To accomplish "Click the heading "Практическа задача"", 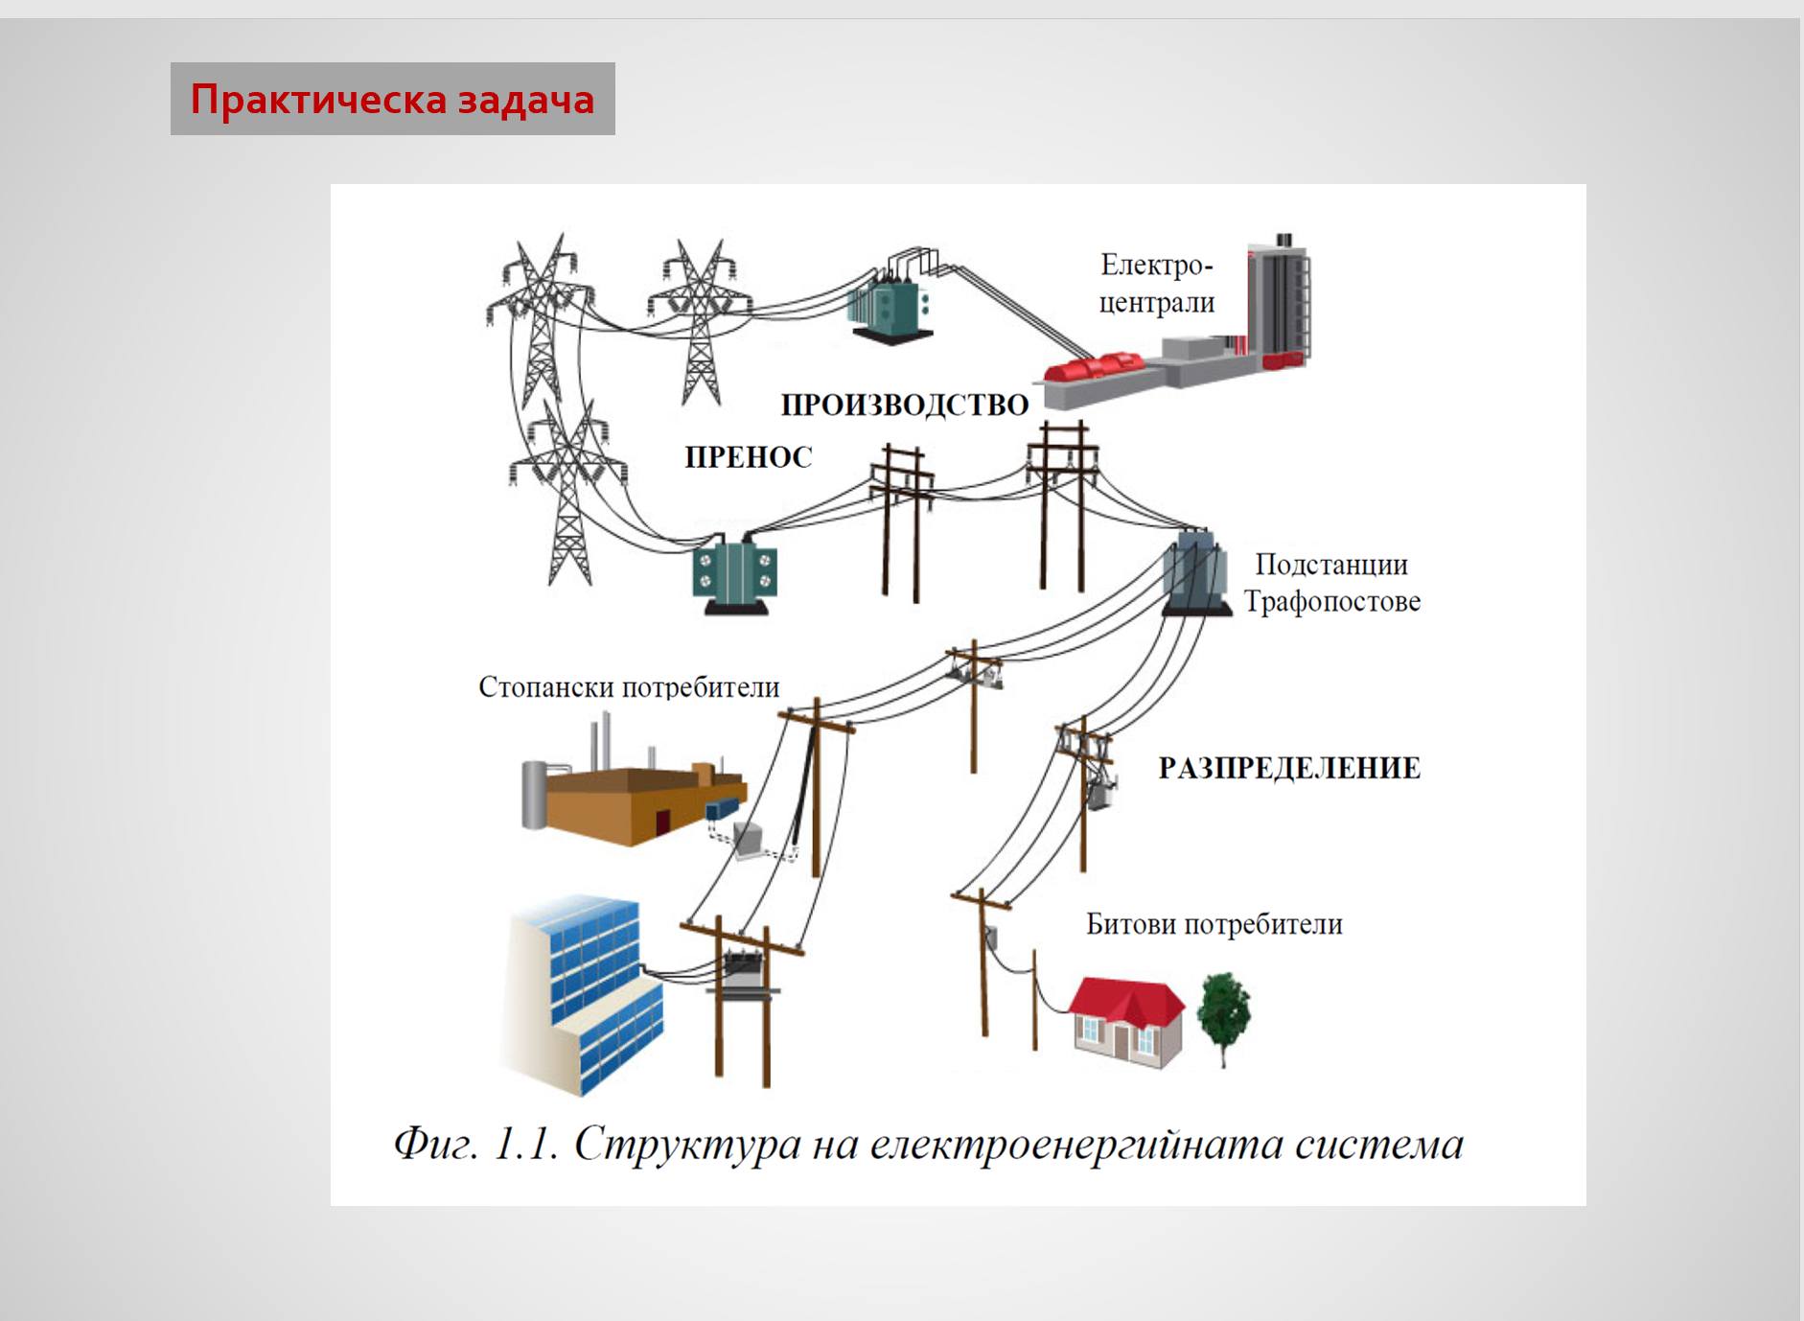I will [392, 100].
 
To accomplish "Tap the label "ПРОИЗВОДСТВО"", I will [904, 405].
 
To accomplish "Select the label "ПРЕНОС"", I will [748, 457].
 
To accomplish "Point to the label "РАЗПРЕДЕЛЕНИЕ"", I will [1288, 768].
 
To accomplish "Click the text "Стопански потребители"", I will [629, 687].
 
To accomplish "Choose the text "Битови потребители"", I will [1214, 924].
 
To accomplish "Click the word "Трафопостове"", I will [1331, 602].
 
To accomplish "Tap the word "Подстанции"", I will [1330, 565].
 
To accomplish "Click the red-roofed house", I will [1126, 1021].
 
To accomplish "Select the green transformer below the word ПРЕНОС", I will [734, 574].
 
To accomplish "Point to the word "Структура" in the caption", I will [686, 1145].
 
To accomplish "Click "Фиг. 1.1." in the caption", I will [475, 1145].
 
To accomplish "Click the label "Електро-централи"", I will [1156, 284].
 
